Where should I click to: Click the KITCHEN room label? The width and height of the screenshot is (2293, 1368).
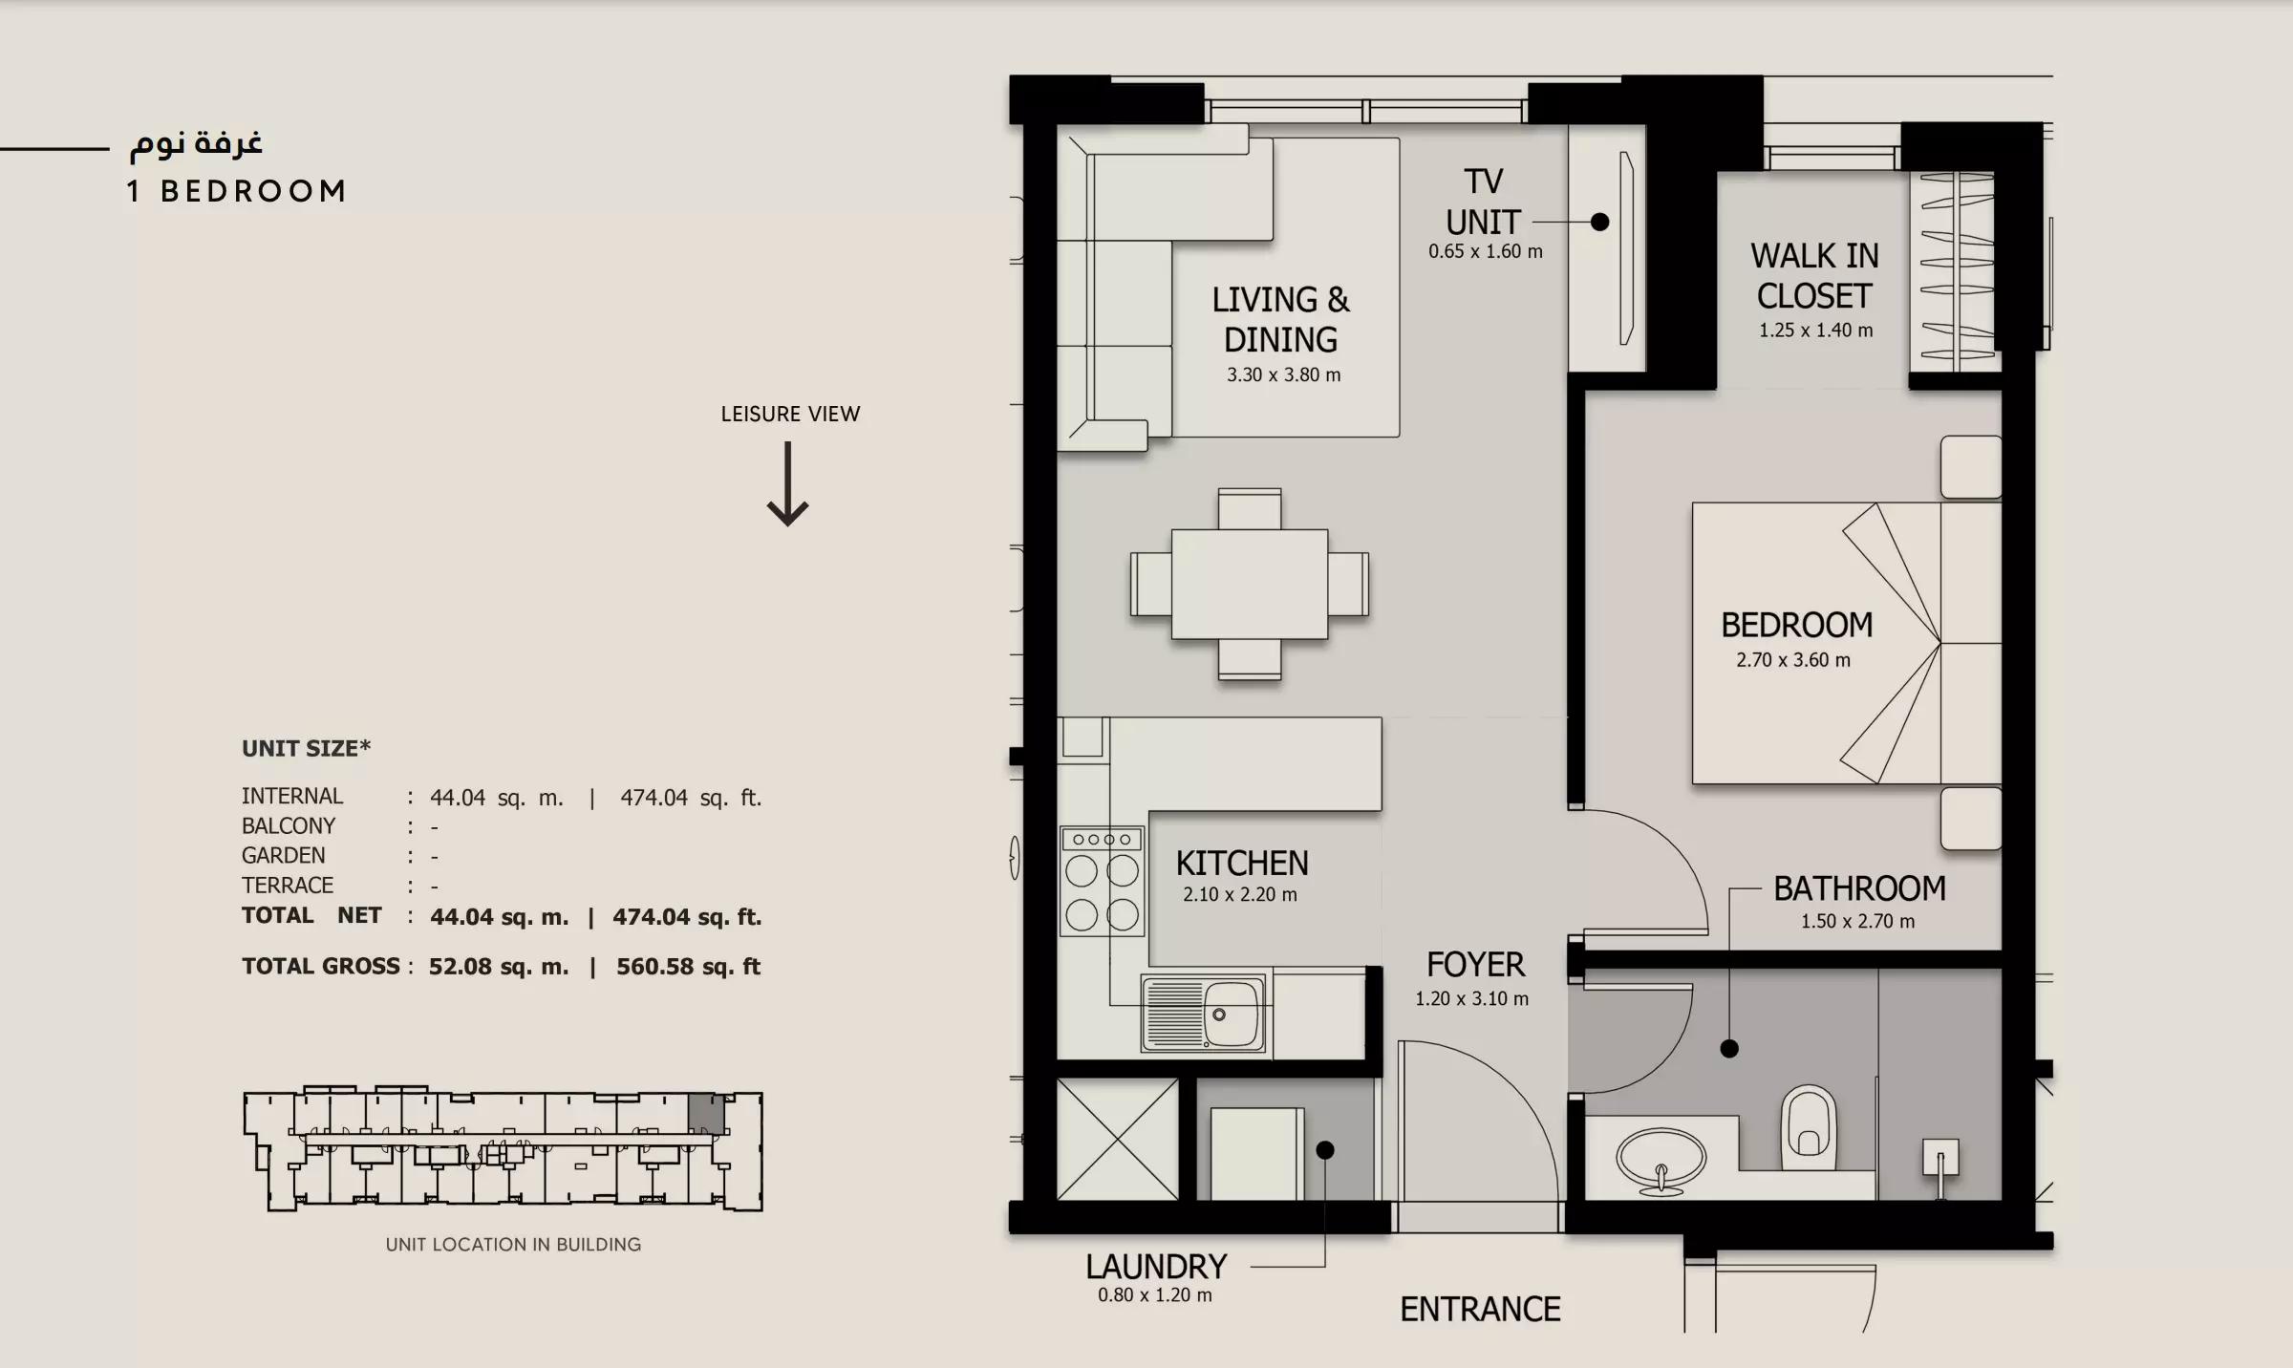coord(1241,864)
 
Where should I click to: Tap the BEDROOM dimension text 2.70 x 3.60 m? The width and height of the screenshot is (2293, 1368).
coord(1793,660)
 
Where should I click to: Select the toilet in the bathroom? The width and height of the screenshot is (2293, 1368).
coord(1809,1127)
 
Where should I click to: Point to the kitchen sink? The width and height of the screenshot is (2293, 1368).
coord(1203,1015)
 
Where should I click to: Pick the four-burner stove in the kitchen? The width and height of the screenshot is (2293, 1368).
coord(1102,881)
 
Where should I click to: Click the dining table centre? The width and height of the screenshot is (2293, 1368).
coord(1249,584)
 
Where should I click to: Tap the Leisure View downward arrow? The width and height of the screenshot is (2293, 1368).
coord(787,483)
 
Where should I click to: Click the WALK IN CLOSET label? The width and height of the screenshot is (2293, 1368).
coord(1814,276)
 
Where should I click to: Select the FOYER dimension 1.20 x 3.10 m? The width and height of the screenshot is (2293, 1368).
coord(1471,999)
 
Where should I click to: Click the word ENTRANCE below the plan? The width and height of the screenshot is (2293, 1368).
coord(1480,1309)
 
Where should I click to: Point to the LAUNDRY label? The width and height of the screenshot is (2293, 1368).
coord(1156,1267)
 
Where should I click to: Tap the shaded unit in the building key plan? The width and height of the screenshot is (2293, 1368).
coord(706,1114)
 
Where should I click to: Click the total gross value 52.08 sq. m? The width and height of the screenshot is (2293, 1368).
coord(499,967)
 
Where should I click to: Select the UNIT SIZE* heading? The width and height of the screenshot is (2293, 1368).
coord(306,748)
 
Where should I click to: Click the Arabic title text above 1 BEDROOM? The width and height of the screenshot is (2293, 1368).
coord(196,142)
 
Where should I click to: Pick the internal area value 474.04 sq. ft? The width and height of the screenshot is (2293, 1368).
coord(691,798)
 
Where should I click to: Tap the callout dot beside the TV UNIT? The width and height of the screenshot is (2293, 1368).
coord(1600,222)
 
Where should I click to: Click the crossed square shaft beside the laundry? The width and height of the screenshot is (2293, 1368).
coord(1117,1139)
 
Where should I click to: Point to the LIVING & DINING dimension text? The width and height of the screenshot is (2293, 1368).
coord(1283,375)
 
